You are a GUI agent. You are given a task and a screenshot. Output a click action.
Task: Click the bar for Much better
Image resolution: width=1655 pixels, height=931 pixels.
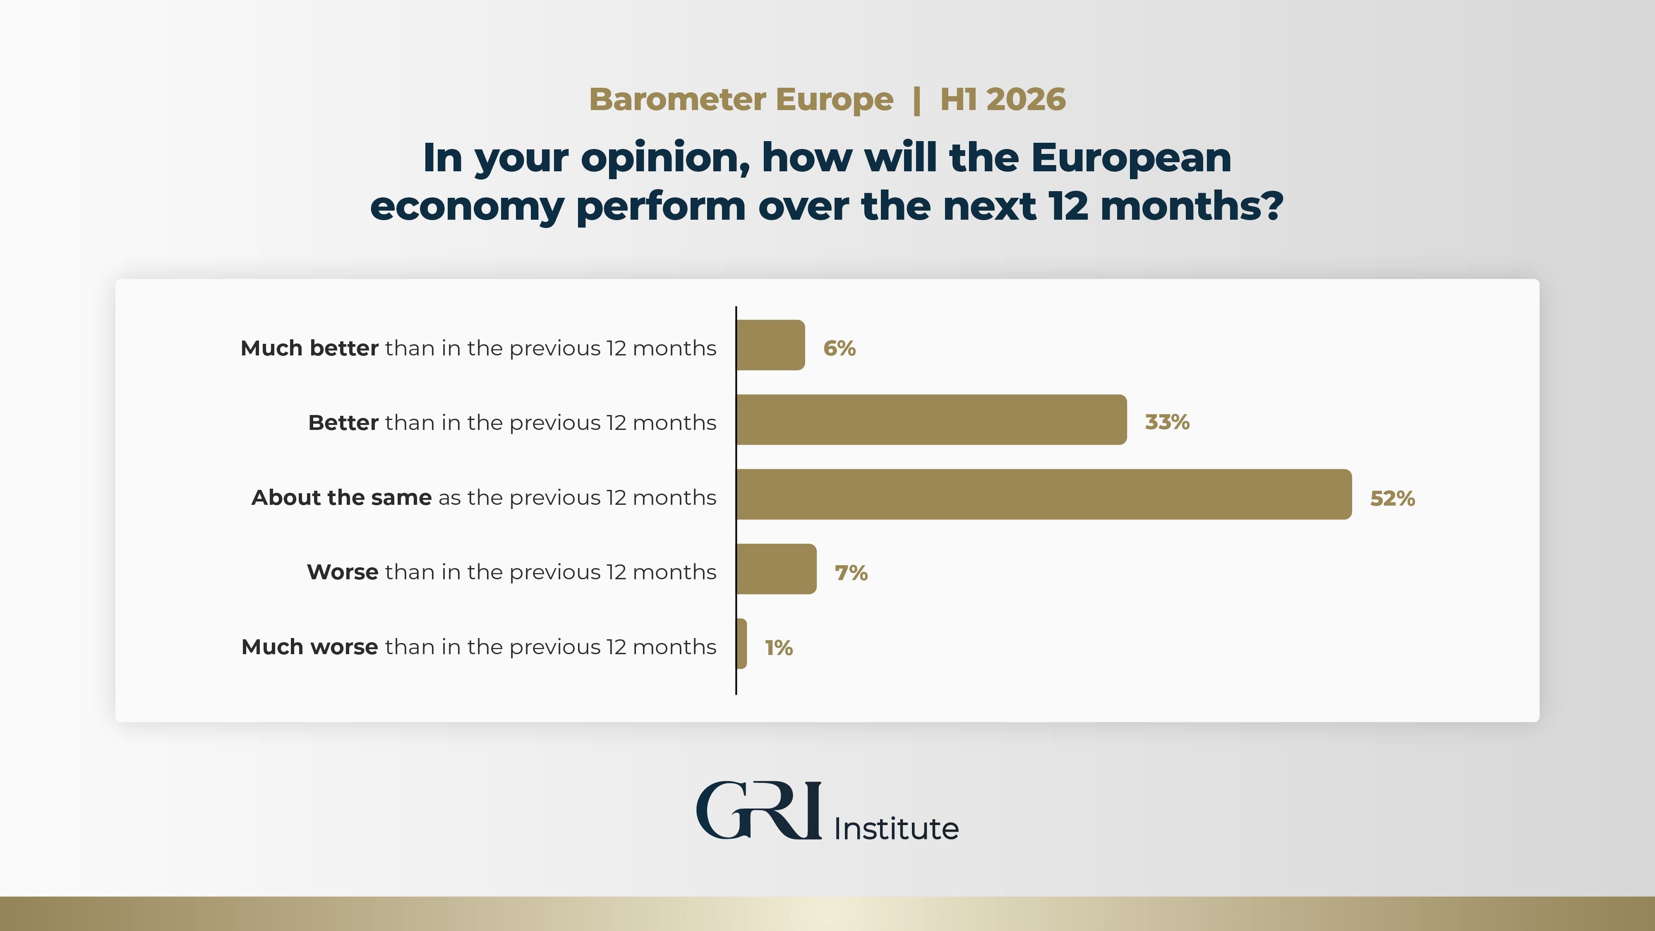[x=770, y=345]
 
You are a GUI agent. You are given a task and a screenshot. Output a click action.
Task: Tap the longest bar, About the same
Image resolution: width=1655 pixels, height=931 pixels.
[x=1043, y=494]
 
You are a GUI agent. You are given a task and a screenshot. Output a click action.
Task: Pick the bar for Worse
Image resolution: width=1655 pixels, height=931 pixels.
[x=776, y=569]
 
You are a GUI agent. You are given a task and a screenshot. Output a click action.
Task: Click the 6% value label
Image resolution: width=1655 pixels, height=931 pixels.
[x=839, y=348]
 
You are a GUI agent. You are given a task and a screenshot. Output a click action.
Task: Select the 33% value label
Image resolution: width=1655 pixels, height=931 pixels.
[x=1167, y=422]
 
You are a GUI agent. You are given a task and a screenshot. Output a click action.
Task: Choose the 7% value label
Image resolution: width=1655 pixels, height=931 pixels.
[x=851, y=573]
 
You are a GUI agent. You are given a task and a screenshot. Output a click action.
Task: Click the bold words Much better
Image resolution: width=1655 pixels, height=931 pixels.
[x=309, y=348]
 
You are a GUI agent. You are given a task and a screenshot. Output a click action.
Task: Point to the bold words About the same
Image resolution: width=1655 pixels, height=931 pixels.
[x=341, y=497]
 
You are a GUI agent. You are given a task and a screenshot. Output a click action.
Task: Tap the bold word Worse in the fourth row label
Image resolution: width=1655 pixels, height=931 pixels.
[x=343, y=572]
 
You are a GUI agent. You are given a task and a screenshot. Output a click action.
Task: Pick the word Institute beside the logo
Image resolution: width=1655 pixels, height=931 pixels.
[x=896, y=828]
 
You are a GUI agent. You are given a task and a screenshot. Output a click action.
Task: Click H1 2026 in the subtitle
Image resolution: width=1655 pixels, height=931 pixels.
[x=1002, y=100]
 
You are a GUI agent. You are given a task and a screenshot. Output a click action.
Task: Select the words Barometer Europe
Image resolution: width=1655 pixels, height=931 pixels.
[x=741, y=100]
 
